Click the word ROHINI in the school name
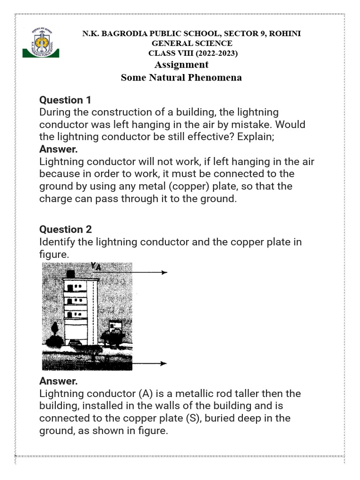coord(284,34)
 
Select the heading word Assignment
coord(181,65)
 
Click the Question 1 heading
coord(65,100)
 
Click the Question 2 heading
coord(65,229)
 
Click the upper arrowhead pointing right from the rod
coord(164,272)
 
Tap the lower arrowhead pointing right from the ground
coord(164,363)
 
